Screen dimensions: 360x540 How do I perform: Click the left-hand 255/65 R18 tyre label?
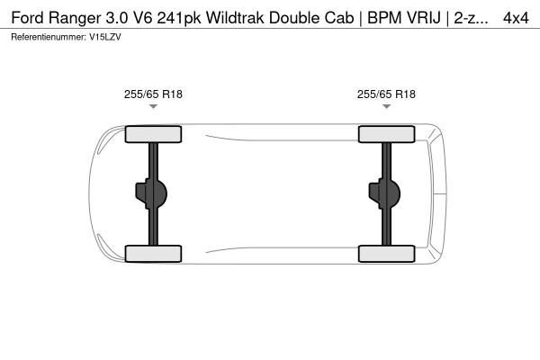[153, 93]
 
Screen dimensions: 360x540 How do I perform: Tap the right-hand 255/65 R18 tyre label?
[386, 93]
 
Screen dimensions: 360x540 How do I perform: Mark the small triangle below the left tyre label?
[153, 107]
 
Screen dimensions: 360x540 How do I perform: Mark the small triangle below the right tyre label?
[386, 107]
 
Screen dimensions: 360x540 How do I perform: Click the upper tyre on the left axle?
[153, 135]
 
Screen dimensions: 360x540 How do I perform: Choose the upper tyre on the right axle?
[386, 135]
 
